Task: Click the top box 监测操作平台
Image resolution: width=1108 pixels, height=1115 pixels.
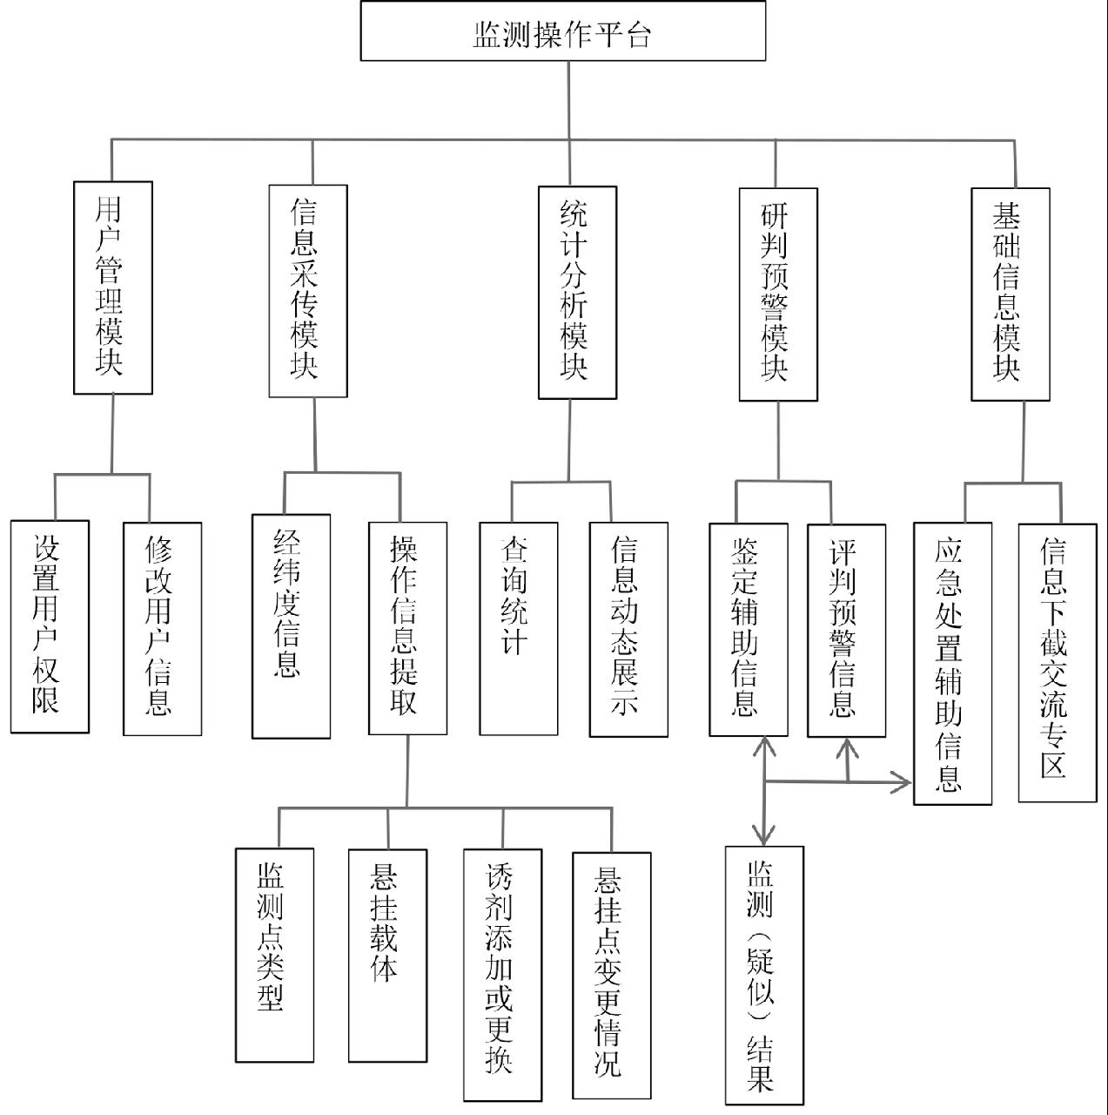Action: tap(563, 31)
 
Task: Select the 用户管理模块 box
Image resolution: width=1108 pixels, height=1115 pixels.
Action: tap(113, 287)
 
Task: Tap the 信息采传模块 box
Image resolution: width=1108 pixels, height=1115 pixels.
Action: tap(308, 291)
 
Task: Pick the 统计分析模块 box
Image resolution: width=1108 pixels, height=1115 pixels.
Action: tap(577, 292)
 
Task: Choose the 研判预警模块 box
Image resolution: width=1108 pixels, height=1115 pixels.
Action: tap(778, 294)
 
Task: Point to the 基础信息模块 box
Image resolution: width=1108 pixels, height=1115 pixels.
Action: tap(1010, 294)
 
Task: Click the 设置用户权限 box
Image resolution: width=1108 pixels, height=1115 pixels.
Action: tap(50, 626)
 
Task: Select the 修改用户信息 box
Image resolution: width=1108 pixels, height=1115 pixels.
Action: tap(162, 628)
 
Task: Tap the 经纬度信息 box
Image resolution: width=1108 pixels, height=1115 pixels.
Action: tap(291, 626)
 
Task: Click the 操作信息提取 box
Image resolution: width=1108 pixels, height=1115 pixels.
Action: tap(407, 628)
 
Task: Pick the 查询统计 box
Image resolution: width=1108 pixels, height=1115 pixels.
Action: tap(518, 628)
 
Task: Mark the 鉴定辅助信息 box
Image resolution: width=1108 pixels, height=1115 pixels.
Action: tap(748, 629)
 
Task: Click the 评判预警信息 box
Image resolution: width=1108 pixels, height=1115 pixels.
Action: tap(846, 630)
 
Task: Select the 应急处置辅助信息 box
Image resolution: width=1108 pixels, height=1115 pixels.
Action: tap(952, 663)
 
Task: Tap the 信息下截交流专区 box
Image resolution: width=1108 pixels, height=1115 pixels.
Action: tap(1057, 662)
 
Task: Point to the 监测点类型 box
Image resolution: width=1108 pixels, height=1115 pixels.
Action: tap(274, 955)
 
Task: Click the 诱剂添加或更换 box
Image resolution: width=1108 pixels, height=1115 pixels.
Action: tap(502, 975)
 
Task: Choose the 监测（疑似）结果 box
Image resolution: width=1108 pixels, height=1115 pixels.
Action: tap(764, 975)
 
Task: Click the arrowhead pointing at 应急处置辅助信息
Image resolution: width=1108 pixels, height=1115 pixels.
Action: tap(904, 781)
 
